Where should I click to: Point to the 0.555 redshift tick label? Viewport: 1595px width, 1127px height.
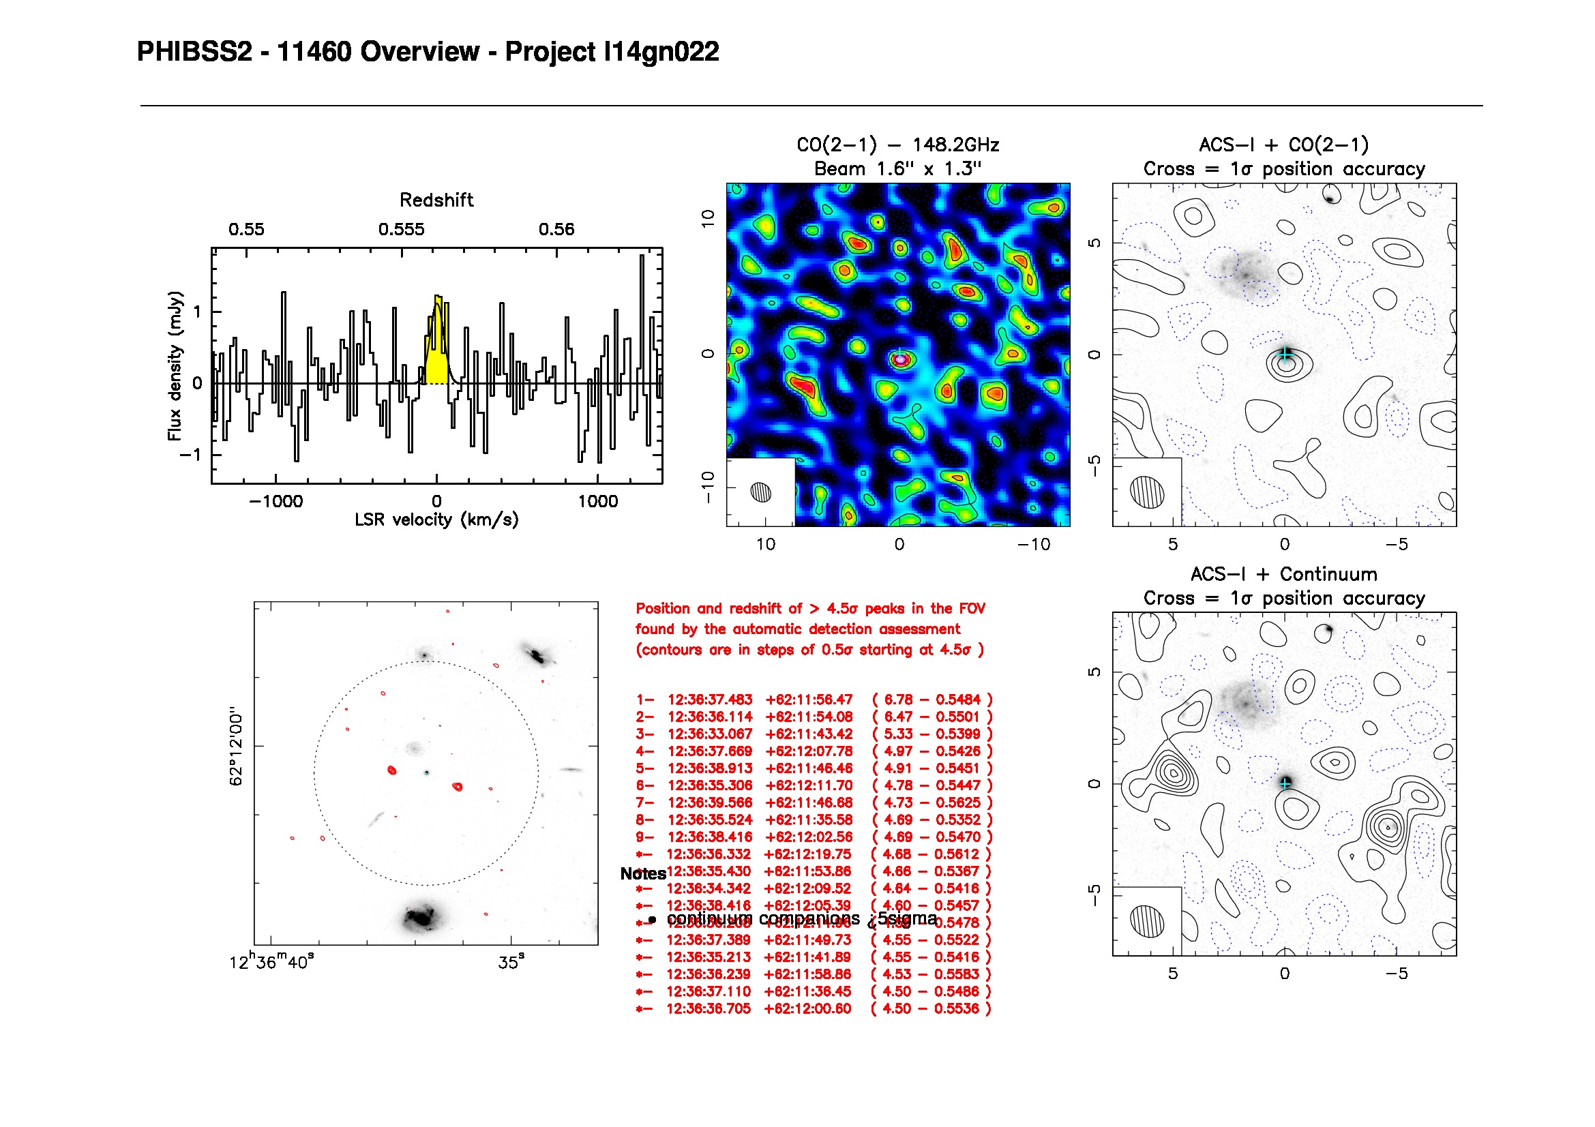(401, 230)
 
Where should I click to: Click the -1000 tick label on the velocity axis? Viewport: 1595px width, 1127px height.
(275, 501)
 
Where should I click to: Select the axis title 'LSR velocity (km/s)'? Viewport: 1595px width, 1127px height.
(436, 520)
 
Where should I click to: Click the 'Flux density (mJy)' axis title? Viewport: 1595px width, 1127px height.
(175, 366)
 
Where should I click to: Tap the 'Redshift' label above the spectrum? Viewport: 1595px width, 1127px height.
(436, 200)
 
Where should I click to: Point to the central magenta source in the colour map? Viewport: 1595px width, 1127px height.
(900, 359)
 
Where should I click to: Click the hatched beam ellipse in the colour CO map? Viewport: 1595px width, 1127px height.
(761, 492)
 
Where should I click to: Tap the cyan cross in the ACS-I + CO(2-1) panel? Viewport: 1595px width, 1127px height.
(1285, 355)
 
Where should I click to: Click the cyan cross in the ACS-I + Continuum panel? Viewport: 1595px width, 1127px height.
(1285, 783)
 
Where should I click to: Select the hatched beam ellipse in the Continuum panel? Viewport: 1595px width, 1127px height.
(1146, 919)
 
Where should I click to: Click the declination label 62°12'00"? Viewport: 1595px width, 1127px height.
(236, 749)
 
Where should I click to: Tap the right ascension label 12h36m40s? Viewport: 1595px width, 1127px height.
(271, 963)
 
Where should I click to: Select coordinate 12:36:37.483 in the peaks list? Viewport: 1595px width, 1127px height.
(709, 700)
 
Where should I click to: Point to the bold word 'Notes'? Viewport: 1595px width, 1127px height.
(642, 873)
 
